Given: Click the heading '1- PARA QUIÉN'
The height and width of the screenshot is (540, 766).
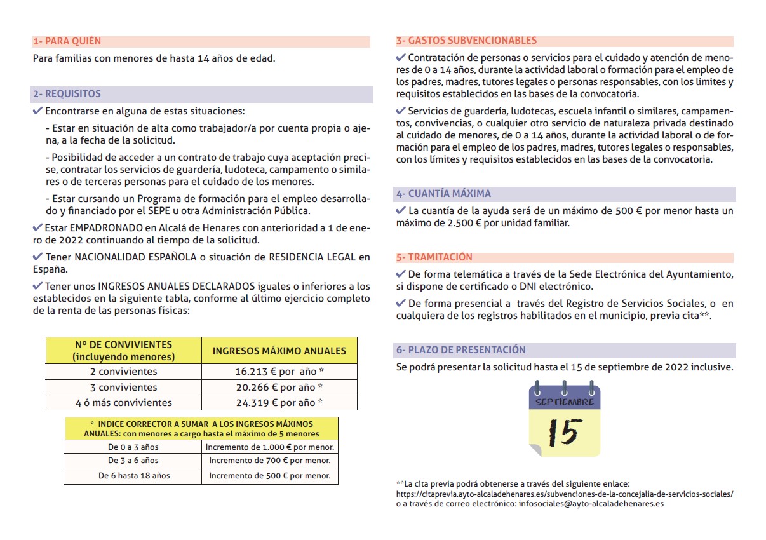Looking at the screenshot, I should pos(67,41).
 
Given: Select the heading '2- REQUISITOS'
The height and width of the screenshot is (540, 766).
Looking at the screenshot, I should pos(67,94).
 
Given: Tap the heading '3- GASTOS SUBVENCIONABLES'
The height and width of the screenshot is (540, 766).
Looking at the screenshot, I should pos(466,41).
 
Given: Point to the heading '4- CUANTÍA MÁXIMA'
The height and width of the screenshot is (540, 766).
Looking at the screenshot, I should pos(443,194).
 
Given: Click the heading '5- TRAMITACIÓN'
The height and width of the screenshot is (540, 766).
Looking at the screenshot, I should pos(434,257).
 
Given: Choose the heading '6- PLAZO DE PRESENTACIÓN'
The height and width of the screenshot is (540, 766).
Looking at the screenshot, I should pos(461,350).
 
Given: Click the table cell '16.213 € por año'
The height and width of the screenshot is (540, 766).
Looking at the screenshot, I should pos(279,372).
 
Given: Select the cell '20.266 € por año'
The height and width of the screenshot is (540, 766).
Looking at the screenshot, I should pos(279,388).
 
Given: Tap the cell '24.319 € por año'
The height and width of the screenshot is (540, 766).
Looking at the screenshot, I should pos(279,403).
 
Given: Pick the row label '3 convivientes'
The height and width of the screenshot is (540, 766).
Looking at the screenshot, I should pos(124,388).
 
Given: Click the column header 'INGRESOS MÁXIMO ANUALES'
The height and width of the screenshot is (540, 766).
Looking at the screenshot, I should pos(279,351).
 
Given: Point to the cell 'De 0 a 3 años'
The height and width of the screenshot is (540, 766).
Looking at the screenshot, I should pos(133,447).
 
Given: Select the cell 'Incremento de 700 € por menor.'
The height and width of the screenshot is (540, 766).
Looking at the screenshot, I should pos(270,461).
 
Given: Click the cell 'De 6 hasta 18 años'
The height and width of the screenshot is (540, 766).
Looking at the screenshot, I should pos(134,475).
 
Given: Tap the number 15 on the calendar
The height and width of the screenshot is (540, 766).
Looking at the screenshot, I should pos(564,432).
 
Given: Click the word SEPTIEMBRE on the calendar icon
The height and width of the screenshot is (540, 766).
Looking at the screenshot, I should pos(565,402).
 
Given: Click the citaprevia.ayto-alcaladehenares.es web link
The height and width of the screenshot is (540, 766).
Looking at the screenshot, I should pos(565,494).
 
